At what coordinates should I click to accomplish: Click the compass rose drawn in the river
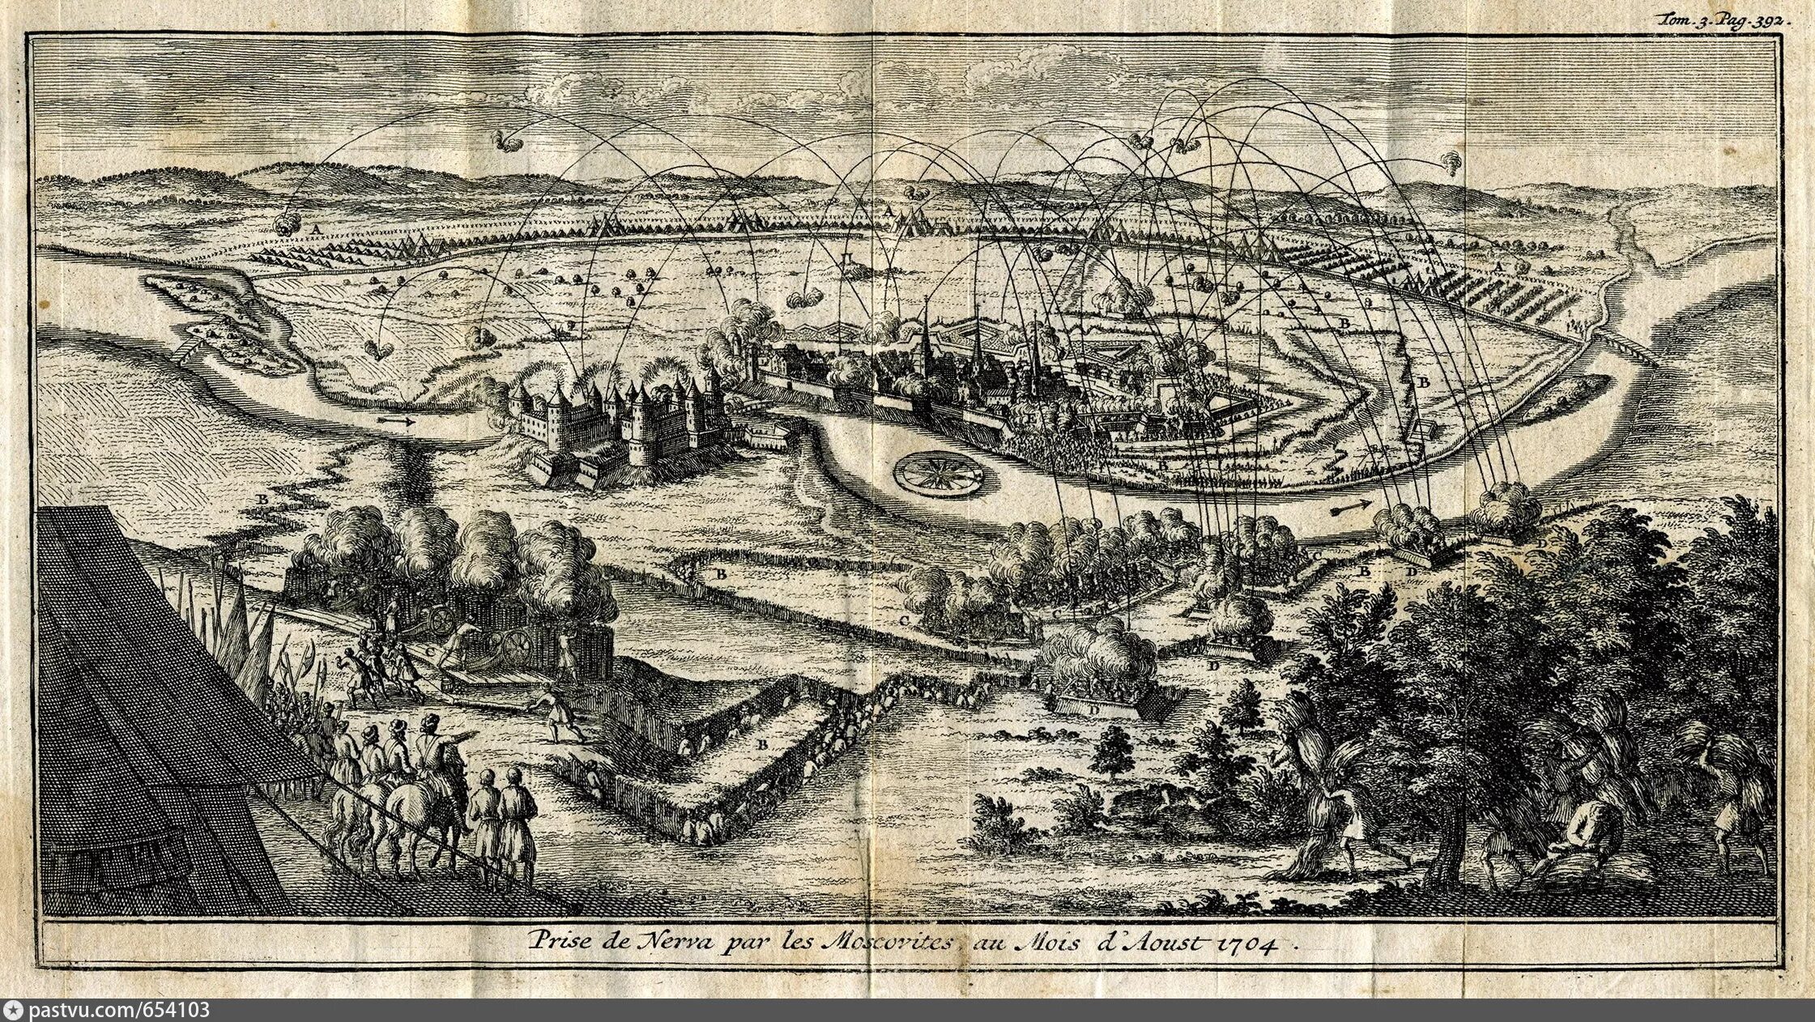coord(939,471)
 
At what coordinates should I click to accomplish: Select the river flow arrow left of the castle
coord(396,421)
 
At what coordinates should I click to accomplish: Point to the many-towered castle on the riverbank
coord(616,421)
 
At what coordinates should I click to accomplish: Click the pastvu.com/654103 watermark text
coord(119,1010)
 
